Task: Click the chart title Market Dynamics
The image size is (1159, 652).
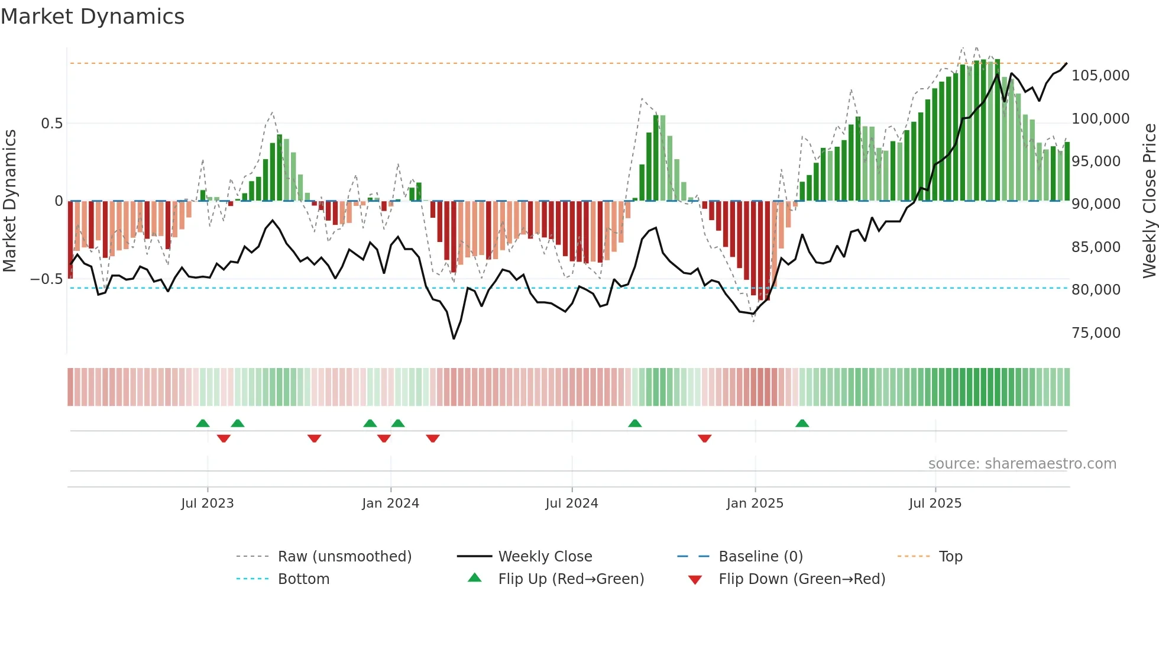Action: click(x=92, y=17)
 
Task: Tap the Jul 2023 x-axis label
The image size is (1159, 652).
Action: click(x=207, y=503)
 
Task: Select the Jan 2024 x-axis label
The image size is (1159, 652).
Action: click(x=390, y=503)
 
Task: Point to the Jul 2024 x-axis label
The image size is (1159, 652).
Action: click(x=571, y=503)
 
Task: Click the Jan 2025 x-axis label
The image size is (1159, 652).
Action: click(x=755, y=503)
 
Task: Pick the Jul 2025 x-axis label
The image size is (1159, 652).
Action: click(x=935, y=503)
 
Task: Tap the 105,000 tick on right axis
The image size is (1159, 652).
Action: click(x=1100, y=76)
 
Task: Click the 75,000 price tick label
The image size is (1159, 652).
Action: click(x=1096, y=333)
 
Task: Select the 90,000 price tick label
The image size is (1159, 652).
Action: click(x=1096, y=204)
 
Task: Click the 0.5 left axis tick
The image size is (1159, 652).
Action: click(x=51, y=124)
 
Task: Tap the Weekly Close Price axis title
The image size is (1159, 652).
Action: click(x=1149, y=201)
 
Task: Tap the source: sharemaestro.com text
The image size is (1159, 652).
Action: click(x=1022, y=464)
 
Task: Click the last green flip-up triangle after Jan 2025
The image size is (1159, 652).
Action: click(x=802, y=424)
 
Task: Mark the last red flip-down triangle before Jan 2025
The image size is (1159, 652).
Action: click(x=704, y=438)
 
